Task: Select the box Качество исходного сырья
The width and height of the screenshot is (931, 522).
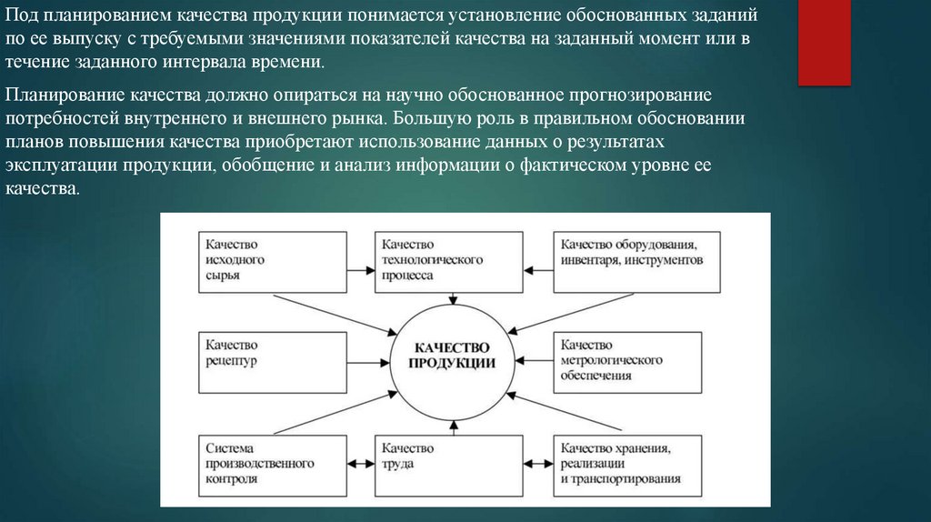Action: (272, 261)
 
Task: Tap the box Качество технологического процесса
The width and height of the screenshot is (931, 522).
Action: (449, 261)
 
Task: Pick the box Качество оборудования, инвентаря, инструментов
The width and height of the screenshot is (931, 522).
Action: (628, 261)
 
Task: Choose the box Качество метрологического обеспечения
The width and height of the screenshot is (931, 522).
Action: (628, 361)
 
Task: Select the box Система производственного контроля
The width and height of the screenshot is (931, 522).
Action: (272, 464)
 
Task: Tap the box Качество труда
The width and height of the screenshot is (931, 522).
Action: (449, 464)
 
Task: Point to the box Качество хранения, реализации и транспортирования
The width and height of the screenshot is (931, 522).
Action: (628, 464)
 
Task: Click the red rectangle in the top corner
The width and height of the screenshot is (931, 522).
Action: (824, 42)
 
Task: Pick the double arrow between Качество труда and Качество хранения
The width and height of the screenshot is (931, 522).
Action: (539, 464)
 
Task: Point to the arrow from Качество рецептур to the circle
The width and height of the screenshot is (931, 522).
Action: (368, 356)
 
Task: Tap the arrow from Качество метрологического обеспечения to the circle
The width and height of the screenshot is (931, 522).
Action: (535, 356)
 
